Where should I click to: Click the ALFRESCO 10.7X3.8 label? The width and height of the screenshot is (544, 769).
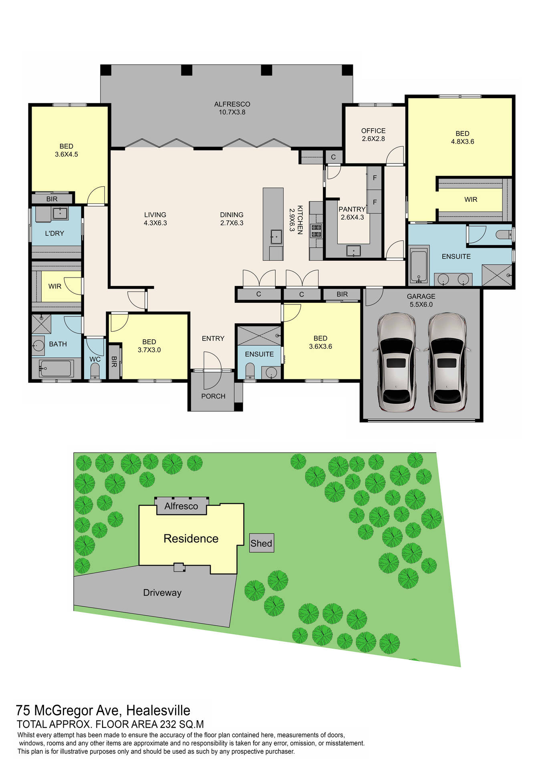(232, 108)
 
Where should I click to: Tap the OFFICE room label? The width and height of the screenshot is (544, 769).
(373, 135)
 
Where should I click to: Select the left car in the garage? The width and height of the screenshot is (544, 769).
(396, 362)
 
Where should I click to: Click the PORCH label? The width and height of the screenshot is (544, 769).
(213, 396)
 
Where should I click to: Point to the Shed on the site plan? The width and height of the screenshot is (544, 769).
(261, 544)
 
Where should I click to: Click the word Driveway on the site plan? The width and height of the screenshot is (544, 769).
(162, 592)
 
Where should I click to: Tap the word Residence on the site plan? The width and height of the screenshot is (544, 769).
(191, 539)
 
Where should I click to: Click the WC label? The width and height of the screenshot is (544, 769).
(95, 359)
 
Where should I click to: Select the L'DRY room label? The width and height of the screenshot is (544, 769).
(54, 233)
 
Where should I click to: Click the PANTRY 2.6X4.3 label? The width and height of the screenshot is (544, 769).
(352, 213)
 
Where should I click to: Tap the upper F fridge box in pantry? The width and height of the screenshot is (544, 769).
(375, 178)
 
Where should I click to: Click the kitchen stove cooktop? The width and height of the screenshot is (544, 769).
(316, 231)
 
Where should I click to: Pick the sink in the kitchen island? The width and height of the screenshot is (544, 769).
(276, 237)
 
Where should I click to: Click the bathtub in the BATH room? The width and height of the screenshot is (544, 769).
(56, 368)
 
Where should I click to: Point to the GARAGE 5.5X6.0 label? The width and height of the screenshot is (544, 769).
(421, 300)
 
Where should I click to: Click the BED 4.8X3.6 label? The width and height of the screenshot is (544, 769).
(462, 137)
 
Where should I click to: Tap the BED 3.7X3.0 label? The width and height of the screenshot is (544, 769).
(149, 346)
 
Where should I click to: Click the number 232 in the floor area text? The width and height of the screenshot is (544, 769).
(168, 724)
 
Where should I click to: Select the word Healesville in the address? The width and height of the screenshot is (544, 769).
(158, 711)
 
